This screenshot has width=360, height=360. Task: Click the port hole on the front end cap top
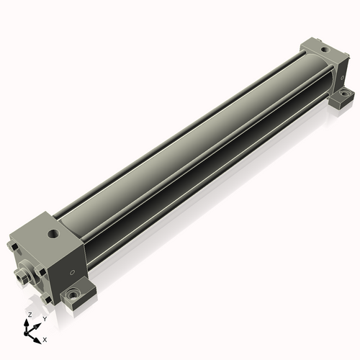(x=53, y=233)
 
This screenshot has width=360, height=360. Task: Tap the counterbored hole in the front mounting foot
(x=72, y=293)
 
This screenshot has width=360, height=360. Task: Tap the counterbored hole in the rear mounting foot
(x=344, y=93)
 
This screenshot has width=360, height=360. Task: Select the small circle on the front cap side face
(x=71, y=272)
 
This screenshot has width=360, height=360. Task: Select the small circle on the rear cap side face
(x=342, y=78)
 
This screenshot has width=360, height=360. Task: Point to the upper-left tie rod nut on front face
(x=13, y=246)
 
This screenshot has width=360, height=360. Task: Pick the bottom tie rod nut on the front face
(x=46, y=300)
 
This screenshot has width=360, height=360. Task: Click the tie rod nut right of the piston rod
(x=40, y=271)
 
